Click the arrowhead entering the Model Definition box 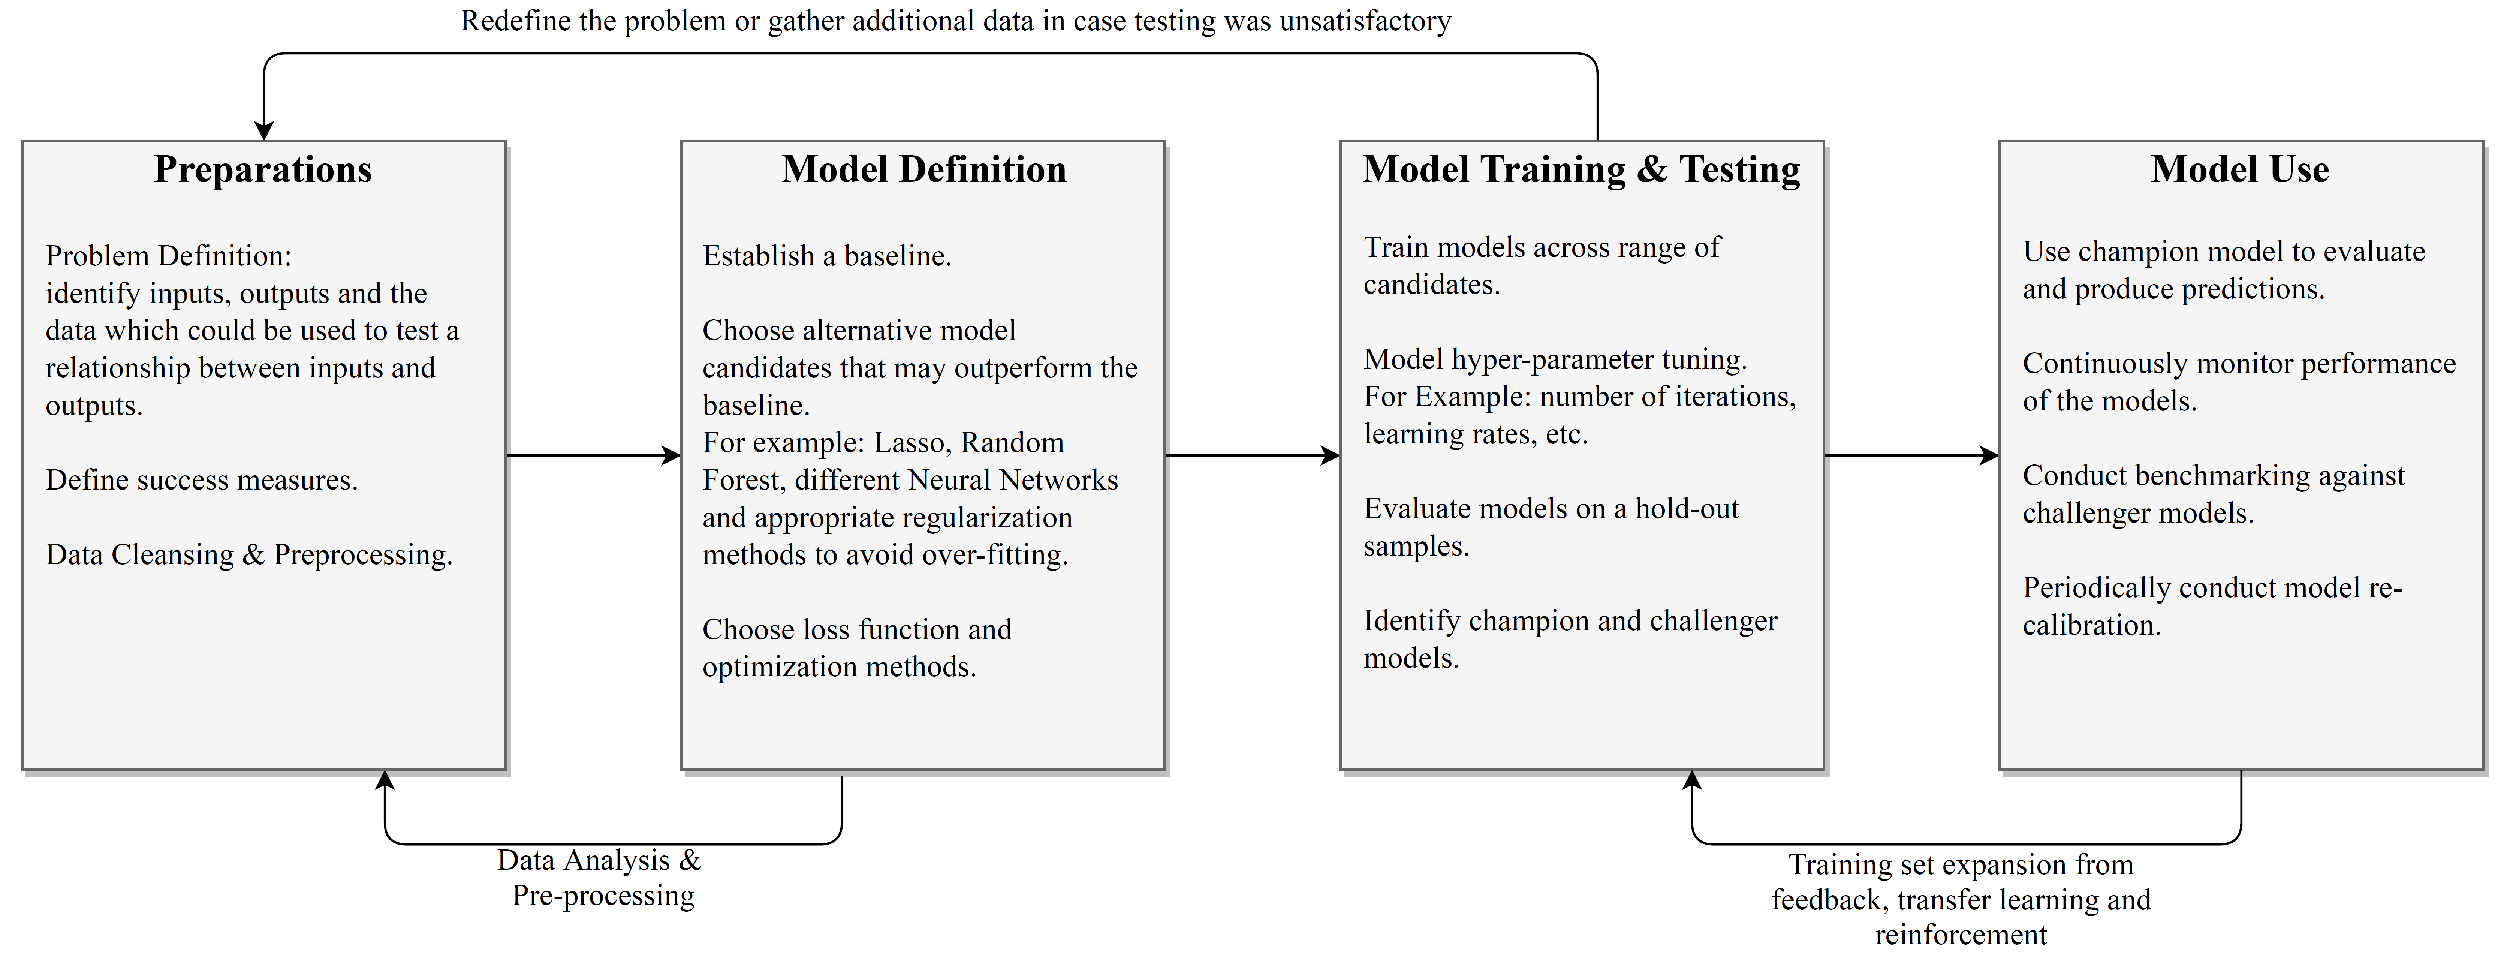[x=672, y=455]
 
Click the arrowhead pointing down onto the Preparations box [x=264, y=131]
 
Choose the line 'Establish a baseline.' [x=827, y=256]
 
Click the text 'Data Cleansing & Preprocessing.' [x=249, y=555]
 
